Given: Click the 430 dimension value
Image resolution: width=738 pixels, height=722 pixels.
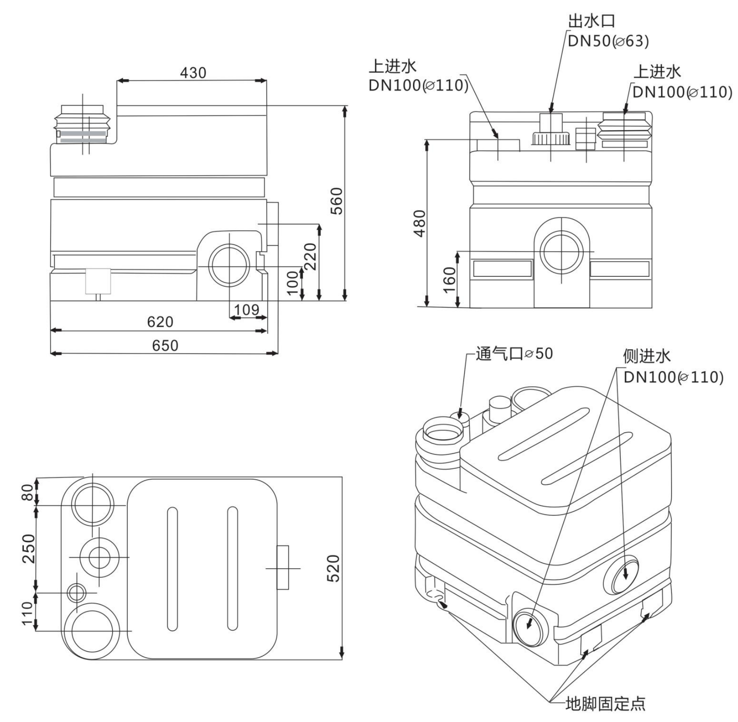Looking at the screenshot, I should tap(193, 73).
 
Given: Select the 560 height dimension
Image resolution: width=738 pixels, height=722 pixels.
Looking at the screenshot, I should tap(337, 201).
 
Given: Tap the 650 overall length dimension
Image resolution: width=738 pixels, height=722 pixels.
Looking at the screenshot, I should tap(165, 345).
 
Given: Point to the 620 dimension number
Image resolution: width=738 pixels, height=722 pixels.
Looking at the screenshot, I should tap(160, 322).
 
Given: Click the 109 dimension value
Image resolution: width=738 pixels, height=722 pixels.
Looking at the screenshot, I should tap(246, 310).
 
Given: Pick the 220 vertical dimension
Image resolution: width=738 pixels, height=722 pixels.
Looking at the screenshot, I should tap(311, 256).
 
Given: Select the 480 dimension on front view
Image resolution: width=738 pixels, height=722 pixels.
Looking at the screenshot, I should tap(419, 223).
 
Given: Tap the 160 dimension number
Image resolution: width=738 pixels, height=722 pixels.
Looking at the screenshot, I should tap(450, 279).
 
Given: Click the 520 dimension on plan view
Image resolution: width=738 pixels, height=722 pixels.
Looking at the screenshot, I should tap(333, 568).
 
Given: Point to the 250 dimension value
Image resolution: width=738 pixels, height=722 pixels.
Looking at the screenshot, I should tap(28, 548).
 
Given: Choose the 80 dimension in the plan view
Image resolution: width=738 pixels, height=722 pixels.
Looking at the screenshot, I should tap(27, 492).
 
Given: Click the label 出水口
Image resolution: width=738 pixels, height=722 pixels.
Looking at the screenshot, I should tap(592, 21).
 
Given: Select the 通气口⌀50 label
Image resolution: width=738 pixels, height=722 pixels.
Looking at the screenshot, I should tap(514, 354).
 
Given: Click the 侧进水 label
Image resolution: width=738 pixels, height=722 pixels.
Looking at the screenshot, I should tap(647, 356).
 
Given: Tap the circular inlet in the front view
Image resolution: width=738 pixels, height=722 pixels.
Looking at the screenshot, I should tap(562, 252).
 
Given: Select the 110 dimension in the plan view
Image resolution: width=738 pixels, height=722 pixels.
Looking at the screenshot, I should tap(27, 613).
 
